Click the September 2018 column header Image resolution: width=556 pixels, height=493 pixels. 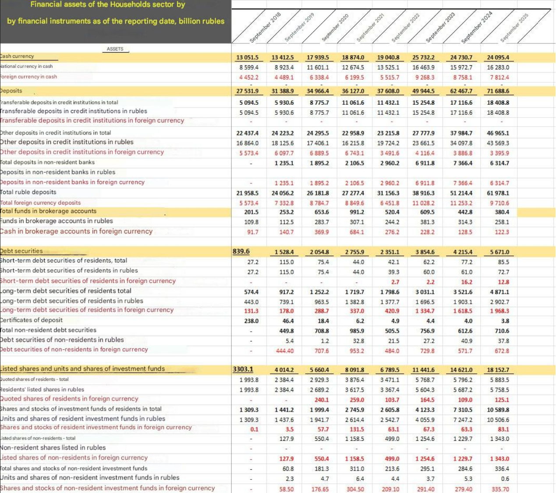(x=265, y=28)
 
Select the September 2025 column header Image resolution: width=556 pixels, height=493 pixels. (x=514, y=28)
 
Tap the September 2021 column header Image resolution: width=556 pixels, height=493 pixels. (x=370, y=28)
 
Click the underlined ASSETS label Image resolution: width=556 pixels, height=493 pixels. (x=115, y=49)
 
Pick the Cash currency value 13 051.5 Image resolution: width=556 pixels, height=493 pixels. (x=248, y=57)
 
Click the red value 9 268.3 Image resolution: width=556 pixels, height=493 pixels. (x=424, y=78)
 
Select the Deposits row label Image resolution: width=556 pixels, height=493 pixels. (x=11, y=91)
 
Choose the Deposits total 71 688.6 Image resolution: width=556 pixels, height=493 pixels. (x=498, y=91)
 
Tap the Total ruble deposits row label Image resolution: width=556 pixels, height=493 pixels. (x=28, y=192)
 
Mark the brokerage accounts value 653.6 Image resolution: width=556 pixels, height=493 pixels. (x=322, y=212)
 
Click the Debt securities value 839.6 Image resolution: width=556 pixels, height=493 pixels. (x=241, y=252)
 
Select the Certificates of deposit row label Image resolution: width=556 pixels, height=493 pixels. (x=32, y=320)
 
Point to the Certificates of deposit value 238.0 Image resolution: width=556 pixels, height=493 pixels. (x=251, y=321)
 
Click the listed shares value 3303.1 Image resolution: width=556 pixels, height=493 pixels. (x=243, y=369)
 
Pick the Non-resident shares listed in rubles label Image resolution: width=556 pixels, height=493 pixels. (x=53, y=448)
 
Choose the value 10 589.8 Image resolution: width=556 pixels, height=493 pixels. (x=498, y=410)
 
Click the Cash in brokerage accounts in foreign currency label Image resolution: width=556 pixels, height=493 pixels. (x=77, y=231)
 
